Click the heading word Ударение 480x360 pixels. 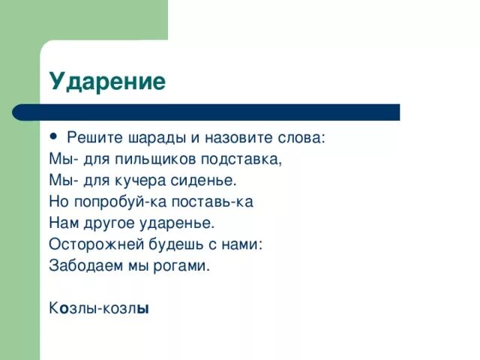pyautogui.click(x=107, y=81)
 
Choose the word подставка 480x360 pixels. pyautogui.click(x=241, y=160)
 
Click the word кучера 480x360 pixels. pyautogui.click(x=149, y=181)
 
